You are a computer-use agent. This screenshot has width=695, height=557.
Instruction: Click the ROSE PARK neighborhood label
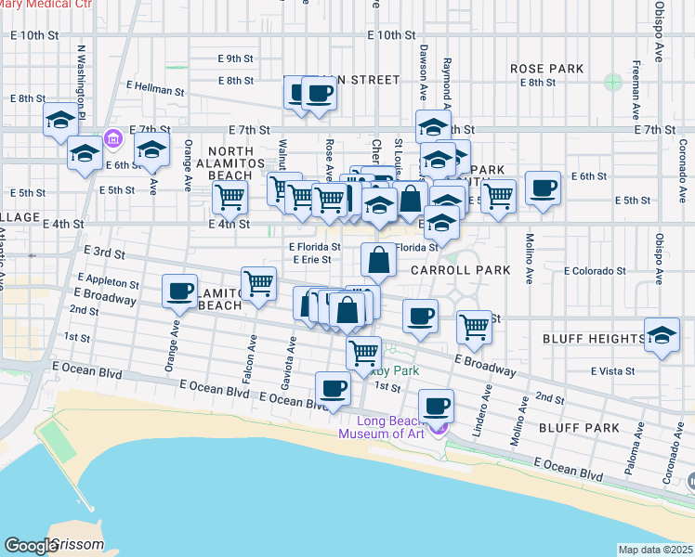pos(546,69)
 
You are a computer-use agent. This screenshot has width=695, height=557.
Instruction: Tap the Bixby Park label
pos(396,371)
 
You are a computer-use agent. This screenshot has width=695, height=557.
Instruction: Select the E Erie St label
pos(311,260)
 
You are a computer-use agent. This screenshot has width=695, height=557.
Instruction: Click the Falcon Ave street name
pos(251,353)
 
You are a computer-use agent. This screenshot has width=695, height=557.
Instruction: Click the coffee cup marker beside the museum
pos(436,406)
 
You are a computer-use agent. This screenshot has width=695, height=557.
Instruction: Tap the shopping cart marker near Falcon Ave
pos(259,283)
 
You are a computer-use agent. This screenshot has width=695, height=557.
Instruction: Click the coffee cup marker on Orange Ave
pos(178,291)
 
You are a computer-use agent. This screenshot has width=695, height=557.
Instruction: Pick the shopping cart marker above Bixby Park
pos(363,352)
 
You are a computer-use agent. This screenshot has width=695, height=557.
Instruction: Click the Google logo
pos(31,546)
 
